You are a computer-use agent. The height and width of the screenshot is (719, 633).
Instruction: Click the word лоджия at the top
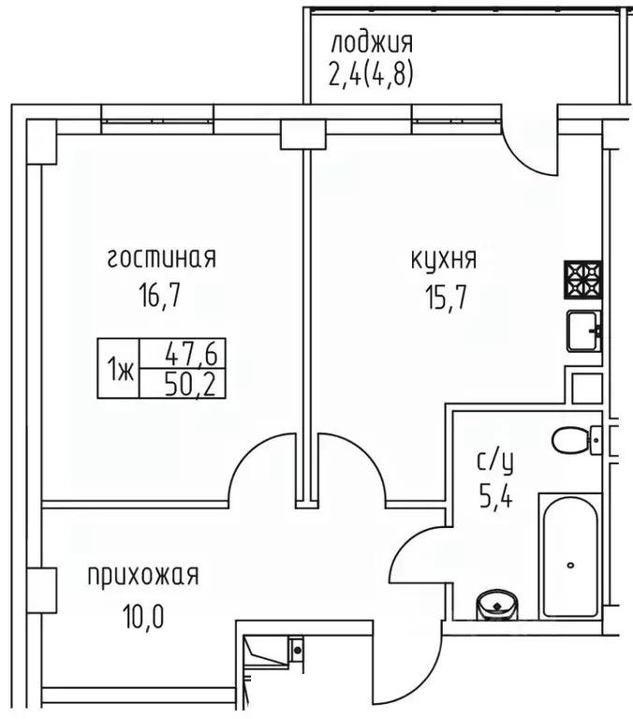370,43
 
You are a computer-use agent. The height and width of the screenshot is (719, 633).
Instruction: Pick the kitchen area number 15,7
444,298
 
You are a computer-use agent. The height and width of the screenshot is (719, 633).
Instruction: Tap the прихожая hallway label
143,575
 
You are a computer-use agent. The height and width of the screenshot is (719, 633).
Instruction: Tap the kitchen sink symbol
584,329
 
